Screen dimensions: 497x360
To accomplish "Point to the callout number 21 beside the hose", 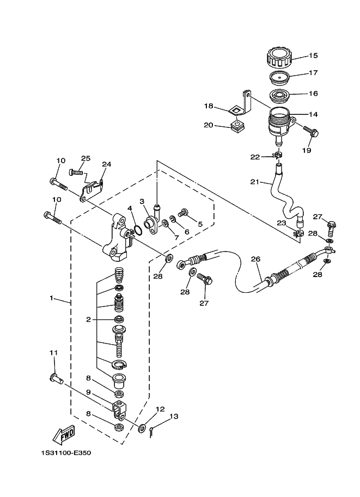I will [254, 182].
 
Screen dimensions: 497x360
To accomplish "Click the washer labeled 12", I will [142, 428].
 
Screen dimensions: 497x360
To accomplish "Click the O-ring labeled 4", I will [138, 231].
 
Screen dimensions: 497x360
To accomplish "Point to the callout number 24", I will [106, 164].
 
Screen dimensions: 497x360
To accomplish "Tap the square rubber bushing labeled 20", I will [236, 128].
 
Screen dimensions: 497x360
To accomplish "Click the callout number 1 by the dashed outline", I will [51, 298].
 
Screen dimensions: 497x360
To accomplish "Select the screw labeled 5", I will [182, 213].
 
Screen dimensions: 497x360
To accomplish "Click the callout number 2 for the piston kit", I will [89, 320].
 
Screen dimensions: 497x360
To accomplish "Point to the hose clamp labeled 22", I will [278, 157].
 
